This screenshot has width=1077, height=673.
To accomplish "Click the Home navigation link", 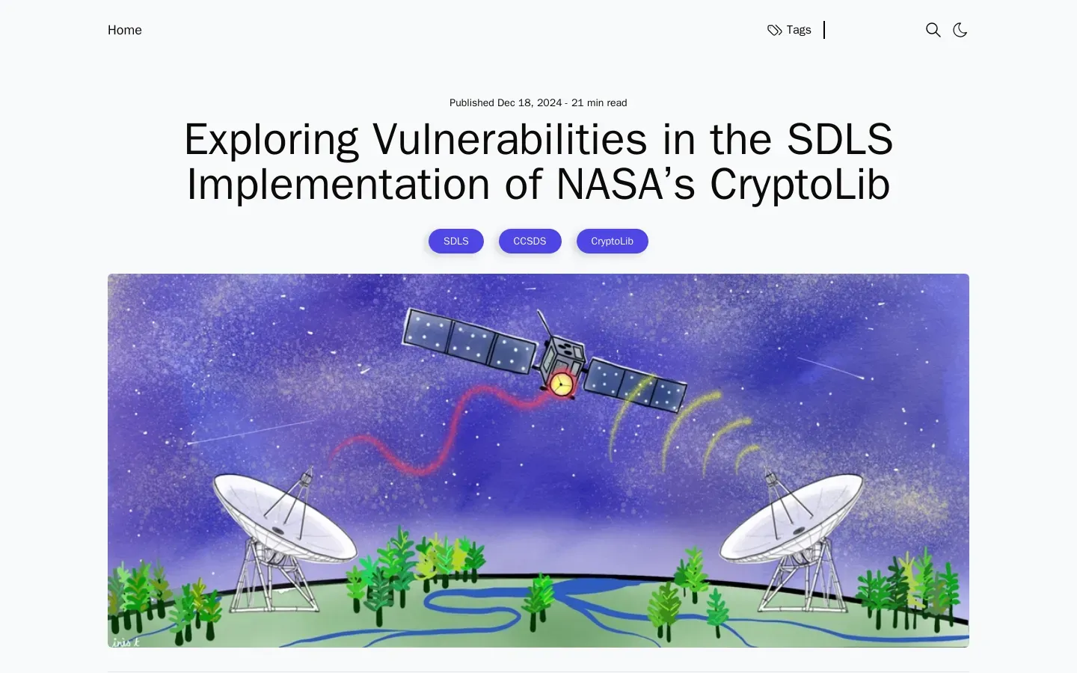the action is click(124, 30).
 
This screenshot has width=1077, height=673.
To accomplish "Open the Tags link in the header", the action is click(789, 30).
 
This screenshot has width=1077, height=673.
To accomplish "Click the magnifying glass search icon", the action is click(933, 30).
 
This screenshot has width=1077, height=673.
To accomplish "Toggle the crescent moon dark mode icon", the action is click(960, 30).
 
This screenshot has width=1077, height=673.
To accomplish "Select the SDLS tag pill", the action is click(455, 241).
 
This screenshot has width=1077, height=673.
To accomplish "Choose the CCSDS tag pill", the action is click(530, 241).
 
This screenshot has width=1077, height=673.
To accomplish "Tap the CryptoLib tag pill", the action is click(612, 241).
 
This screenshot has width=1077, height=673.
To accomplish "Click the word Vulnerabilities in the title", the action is click(509, 139).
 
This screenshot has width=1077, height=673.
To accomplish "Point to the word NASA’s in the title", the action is click(625, 185).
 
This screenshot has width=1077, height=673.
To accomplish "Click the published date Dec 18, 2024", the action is click(530, 103).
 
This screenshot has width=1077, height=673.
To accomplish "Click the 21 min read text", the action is click(599, 103).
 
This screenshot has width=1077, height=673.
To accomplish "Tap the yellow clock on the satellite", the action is click(561, 384).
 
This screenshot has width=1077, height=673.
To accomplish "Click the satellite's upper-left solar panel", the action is click(469, 341).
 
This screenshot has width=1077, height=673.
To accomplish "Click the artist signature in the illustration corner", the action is click(126, 642).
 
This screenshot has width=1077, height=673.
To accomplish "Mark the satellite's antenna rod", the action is click(545, 324).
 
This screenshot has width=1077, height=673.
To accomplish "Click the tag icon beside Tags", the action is click(774, 30).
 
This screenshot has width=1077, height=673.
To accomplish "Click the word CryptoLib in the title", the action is click(800, 185).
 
